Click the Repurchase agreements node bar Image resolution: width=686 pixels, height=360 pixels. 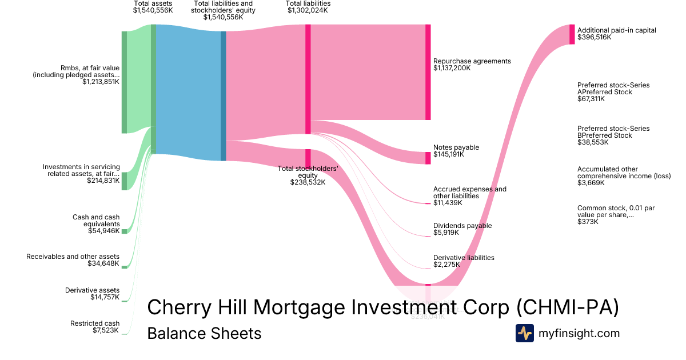(x=428, y=72)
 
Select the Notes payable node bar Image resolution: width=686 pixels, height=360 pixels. (x=428, y=158)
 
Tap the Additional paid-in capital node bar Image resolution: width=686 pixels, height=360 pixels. (x=572, y=34)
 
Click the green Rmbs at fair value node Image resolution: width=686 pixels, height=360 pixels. (x=124, y=82)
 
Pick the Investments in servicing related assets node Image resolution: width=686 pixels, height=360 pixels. (x=124, y=181)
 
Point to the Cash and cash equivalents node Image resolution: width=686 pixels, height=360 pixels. (x=124, y=231)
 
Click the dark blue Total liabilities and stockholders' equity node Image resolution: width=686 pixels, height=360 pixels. (x=224, y=95)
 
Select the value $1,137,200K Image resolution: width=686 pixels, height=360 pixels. (x=452, y=68)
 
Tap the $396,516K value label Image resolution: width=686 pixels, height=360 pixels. (x=594, y=37)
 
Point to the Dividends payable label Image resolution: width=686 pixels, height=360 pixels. (x=462, y=226)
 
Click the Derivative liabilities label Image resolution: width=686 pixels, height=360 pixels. (x=464, y=258)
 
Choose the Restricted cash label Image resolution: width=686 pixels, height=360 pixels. (x=95, y=323)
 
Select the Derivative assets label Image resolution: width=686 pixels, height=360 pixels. (x=92, y=290)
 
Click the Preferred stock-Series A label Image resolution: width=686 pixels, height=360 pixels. (x=613, y=89)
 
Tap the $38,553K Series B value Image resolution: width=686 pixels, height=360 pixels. (x=593, y=142)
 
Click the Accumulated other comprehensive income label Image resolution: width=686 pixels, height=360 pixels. (x=624, y=173)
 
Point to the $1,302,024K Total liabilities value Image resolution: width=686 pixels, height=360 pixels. (x=308, y=10)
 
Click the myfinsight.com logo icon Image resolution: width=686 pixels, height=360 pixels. (x=525, y=333)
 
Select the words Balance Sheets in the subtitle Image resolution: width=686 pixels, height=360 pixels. (x=204, y=333)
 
